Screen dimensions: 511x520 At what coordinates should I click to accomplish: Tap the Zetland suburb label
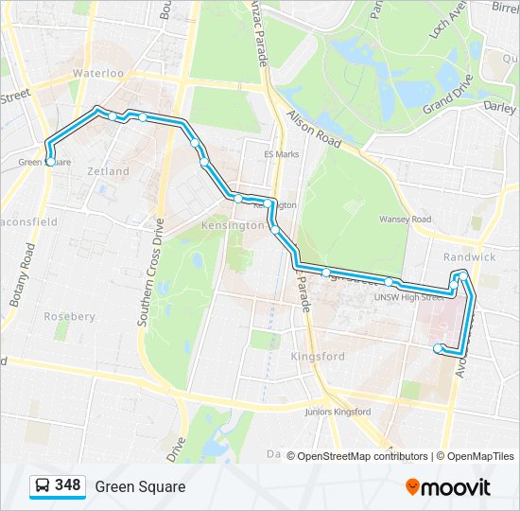[x=109, y=171]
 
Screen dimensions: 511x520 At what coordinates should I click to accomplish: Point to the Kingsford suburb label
[x=318, y=357]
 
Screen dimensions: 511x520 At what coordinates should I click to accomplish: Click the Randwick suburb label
[x=469, y=256]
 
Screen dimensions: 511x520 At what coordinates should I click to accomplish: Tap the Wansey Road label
[x=405, y=220]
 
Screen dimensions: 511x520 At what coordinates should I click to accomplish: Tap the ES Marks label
[x=281, y=154]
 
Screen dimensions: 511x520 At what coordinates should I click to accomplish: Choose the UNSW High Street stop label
[x=407, y=297]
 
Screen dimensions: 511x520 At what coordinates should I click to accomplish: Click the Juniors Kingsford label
[x=338, y=412]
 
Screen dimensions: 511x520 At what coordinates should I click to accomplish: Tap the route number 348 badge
[x=67, y=485]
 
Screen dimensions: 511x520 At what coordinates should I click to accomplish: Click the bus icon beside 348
[x=43, y=486]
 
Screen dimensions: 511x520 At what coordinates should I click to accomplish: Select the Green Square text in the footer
[x=140, y=486]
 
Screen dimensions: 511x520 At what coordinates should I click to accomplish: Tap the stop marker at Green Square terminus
[x=49, y=162]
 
